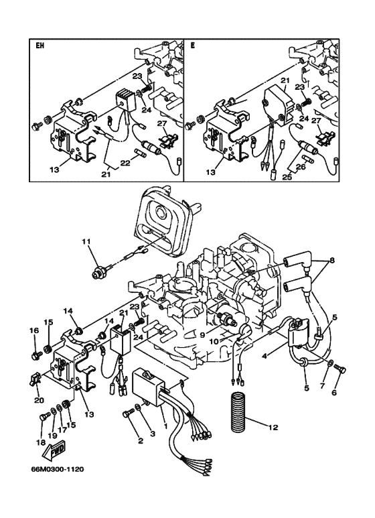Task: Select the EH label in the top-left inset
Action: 40,47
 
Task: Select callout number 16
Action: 33,330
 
